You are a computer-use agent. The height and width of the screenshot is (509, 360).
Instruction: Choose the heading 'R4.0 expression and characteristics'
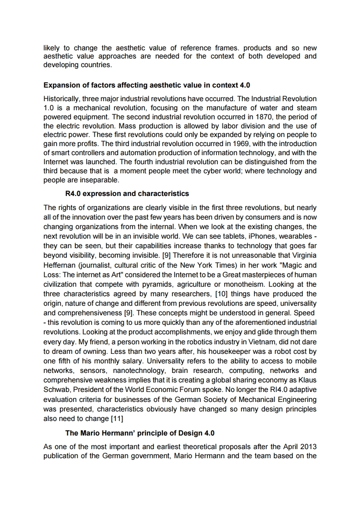[127, 194]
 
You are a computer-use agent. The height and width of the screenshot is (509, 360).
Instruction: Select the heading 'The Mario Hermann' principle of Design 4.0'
[137, 433]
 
